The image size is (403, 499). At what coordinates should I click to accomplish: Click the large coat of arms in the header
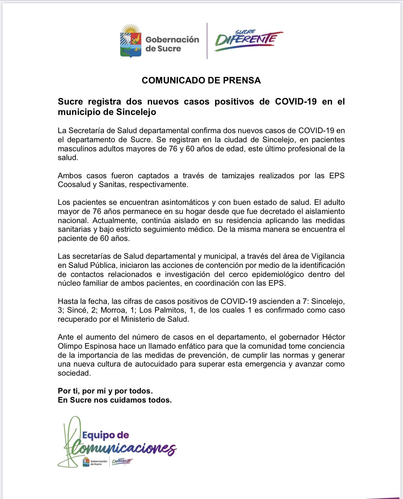pos(131,41)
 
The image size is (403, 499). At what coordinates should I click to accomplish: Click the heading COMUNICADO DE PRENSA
pos(201,81)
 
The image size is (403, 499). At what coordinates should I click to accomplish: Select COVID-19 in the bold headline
pos(296,102)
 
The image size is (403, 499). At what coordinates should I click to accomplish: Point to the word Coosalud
pos(74,185)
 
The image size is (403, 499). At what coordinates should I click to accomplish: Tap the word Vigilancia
pos(328,256)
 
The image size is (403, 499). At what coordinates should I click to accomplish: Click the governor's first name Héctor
pos(334,337)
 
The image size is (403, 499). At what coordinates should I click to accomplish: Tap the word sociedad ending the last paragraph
pos(74,373)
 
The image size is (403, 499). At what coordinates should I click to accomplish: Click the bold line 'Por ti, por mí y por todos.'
pos(105,391)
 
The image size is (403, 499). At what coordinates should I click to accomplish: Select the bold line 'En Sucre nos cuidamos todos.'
pos(115,400)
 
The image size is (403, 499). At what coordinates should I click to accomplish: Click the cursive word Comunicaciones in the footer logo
pos(123,449)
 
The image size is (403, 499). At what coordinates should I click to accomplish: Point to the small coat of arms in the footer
pos(86,462)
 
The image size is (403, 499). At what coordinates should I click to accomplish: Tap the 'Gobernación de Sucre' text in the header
pos(172,44)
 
